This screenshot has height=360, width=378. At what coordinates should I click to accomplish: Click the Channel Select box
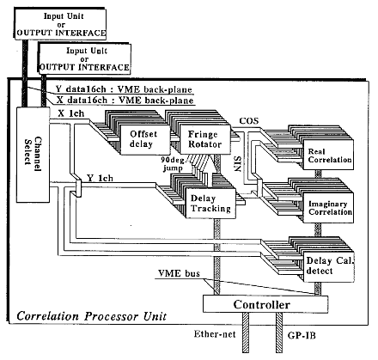pyautogui.click(x=33, y=155)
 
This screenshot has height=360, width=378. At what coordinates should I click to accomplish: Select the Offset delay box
pyautogui.click(x=145, y=139)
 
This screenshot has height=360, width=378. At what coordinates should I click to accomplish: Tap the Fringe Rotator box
pyautogui.click(x=205, y=139)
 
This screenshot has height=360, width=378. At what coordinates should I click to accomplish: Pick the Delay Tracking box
pyautogui.click(x=210, y=204)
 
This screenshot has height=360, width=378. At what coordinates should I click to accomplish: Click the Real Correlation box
pyautogui.click(x=328, y=155)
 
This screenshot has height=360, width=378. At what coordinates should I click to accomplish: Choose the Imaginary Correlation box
pyautogui.click(x=328, y=208)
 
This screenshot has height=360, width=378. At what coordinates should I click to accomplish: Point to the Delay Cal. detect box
pyautogui.click(x=329, y=266)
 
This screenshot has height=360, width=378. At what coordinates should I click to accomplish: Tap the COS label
pyautogui.click(x=249, y=120)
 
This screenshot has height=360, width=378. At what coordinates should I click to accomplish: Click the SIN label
pyautogui.click(x=237, y=163)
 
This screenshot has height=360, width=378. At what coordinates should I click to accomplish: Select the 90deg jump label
pyautogui.click(x=174, y=164)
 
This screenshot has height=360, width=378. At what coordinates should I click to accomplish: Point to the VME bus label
pyautogui.click(x=179, y=273)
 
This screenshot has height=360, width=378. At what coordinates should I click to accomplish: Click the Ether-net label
pyautogui.click(x=215, y=334)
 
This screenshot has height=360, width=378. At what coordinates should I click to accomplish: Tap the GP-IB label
pyautogui.click(x=302, y=335)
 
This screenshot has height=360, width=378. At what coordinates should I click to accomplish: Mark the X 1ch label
pyautogui.click(x=71, y=113)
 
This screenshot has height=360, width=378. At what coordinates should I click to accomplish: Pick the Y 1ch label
pyautogui.click(x=100, y=178)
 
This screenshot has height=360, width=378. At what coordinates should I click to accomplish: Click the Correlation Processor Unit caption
pyautogui.click(x=91, y=316)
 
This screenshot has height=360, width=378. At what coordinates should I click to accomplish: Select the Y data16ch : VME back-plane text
pyautogui.click(x=124, y=89)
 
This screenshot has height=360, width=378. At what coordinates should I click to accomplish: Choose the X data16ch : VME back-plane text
pyautogui.click(x=125, y=101)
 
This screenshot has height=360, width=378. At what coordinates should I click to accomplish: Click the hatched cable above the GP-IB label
pyautogui.click(x=279, y=333)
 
